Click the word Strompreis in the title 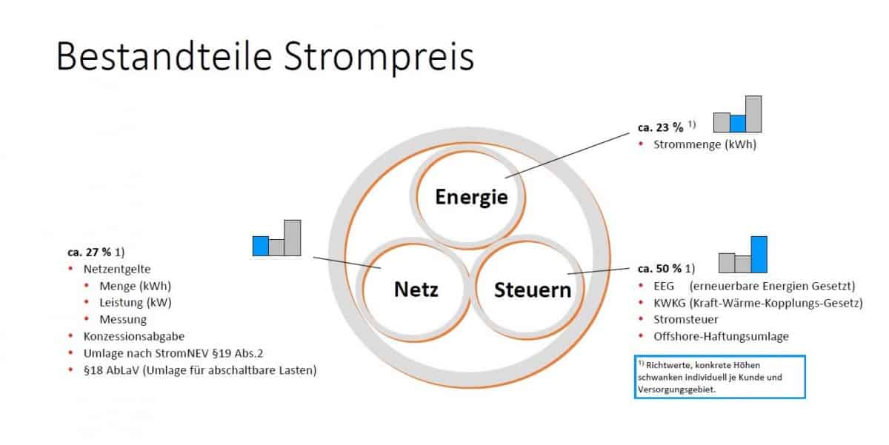tap(379, 57)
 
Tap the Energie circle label tap(471, 197)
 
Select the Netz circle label tap(416, 289)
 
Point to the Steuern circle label tap(533, 290)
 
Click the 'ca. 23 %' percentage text tap(660, 127)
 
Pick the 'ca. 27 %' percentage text tap(90, 252)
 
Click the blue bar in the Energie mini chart tap(738, 124)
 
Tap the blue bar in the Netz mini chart tap(261, 246)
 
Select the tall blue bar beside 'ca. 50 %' tap(759, 255)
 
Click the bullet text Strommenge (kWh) tap(705, 144)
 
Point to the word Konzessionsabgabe tap(134, 336)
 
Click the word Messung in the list tap(123, 319)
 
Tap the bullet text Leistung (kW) tap(136, 303)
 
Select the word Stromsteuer tap(686, 319)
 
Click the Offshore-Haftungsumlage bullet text tap(721, 336)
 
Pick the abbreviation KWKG tap(670, 303)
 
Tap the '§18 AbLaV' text tap(112, 370)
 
